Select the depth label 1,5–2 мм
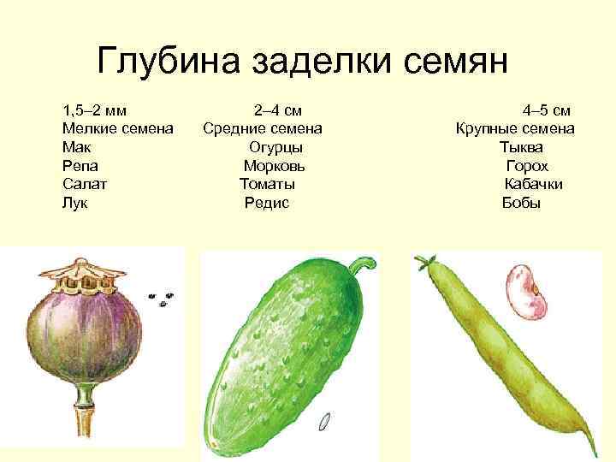(x=95, y=110)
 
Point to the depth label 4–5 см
(x=547, y=110)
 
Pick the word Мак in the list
(x=76, y=147)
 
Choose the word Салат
(x=85, y=184)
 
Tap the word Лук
(x=75, y=203)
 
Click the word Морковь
(x=274, y=166)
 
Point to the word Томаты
(x=268, y=184)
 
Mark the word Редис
(x=267, y=203)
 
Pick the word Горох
(x=527, y=166)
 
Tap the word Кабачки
(x=534, y=184)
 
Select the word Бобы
(x=521, y=203)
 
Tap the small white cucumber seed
(x=324, y=421)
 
